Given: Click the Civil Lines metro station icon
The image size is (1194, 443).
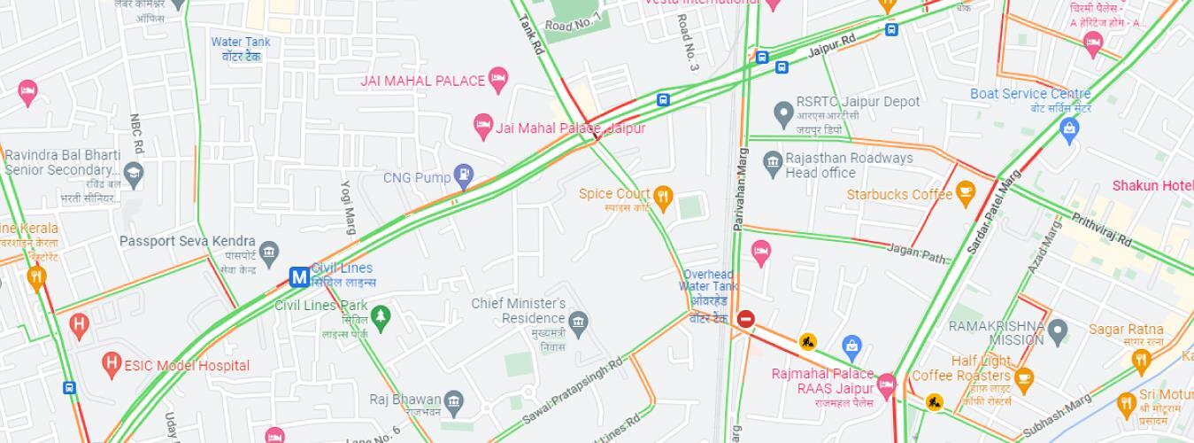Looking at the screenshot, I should pos(299,277).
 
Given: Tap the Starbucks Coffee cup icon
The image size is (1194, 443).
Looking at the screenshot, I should pos(965,190).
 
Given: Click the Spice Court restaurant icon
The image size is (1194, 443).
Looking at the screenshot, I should pos(663,195).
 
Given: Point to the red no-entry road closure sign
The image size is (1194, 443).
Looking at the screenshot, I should pos(745,318).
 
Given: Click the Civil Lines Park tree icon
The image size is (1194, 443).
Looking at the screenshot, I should pos(381,316).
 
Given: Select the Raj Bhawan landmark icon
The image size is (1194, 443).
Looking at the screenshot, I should pos(453,400).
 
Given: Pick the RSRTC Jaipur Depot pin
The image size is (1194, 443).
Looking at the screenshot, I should pos(782,113).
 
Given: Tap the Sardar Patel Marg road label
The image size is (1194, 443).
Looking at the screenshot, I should pos(989,213).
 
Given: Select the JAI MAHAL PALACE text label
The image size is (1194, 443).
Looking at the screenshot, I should pos(422,81).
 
